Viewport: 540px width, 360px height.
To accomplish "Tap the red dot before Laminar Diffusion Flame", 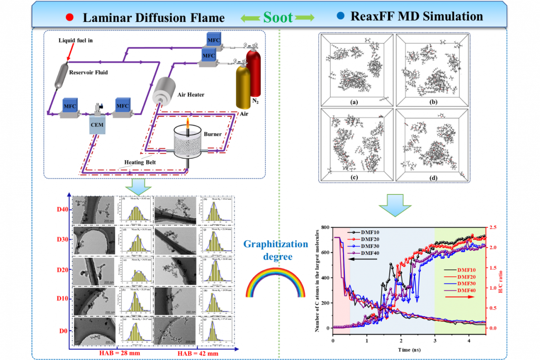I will pos(69,18).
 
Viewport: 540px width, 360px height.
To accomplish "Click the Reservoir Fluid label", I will pos(88,72).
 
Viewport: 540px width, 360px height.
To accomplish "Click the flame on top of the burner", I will pos(189,123).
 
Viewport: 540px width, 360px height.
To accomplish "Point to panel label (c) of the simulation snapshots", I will pos(355,177).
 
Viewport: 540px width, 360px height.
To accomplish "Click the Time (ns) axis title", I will pos(409,349).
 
